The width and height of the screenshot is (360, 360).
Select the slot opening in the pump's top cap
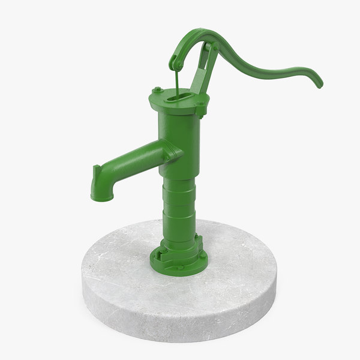pos(179,95)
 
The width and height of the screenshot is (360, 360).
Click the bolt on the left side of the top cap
pos(157,91)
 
